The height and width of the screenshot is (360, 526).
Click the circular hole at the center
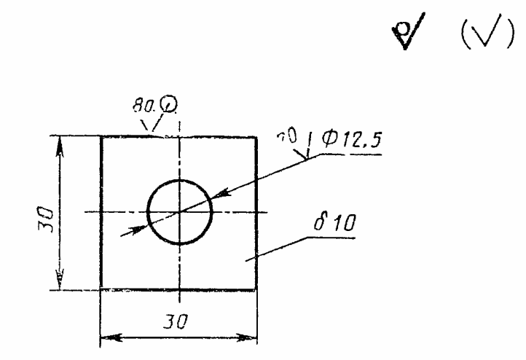[179, 212]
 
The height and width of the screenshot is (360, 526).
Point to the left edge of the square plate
[101, 212]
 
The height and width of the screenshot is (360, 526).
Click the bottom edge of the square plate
[179, 289]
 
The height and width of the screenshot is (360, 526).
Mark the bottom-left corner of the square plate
[101, 289]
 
